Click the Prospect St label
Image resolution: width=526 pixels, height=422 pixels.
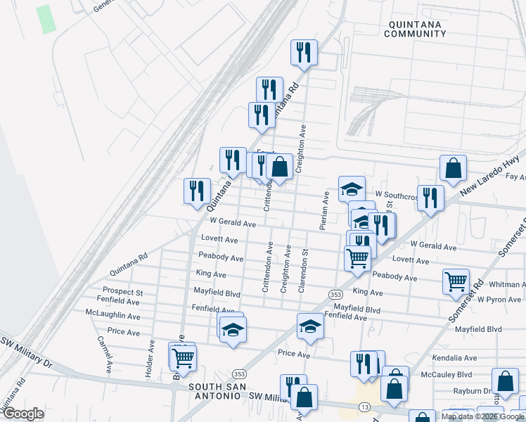coord(122,291)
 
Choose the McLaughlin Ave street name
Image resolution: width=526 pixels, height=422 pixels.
coord(113,312)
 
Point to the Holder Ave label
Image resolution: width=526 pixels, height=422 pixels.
coord(150,357)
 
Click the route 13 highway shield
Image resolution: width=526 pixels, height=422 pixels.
coord(364,407)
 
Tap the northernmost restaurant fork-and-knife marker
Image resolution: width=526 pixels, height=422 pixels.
coord(304,53)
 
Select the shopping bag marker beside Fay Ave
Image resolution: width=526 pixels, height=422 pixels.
coord(453,169)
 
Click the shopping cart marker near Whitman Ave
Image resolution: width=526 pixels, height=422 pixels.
coord(456,282)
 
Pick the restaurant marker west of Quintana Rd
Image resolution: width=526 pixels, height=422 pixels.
coord(197,191)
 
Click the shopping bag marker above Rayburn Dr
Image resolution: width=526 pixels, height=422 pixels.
coord(504,382)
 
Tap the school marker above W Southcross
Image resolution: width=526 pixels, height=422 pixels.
coord(352,188)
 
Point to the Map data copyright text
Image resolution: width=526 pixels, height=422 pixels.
coord(482,416)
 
